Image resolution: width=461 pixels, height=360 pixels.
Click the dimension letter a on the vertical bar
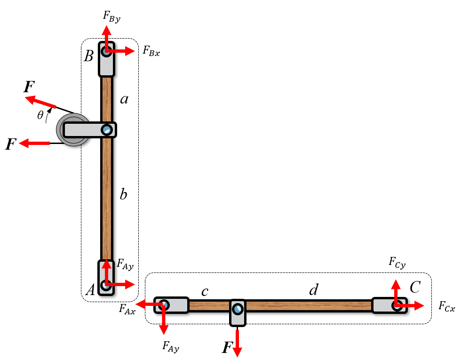click(124, 99)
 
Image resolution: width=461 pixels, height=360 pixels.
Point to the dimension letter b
click(123, 194)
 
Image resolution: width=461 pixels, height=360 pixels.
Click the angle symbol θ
click(40, 115)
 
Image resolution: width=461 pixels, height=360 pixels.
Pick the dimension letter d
click(314, 290)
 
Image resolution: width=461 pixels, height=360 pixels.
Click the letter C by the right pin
click(415, 287)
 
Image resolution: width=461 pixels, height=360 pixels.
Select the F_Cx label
click(446, 306)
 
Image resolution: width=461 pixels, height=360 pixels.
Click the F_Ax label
click(127, 309)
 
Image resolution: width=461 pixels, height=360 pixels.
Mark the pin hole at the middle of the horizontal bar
click(238, 309)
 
